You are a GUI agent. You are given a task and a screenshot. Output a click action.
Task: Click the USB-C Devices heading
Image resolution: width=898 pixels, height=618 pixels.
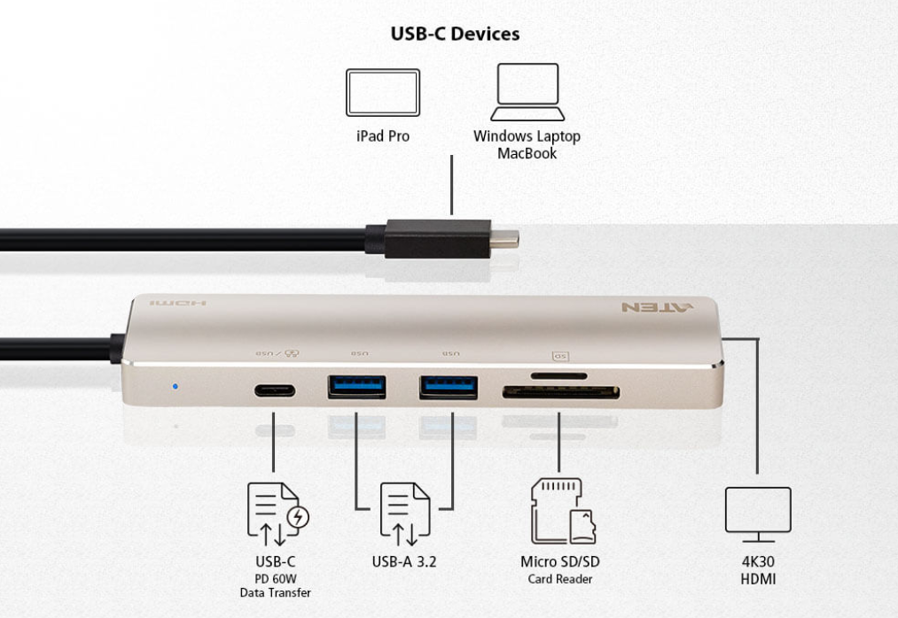pos(455,34)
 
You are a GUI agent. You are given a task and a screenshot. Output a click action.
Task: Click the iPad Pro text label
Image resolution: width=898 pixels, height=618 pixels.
pos(382,137)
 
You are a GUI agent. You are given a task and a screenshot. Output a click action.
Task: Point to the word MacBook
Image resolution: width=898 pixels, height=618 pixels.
pos(527,153)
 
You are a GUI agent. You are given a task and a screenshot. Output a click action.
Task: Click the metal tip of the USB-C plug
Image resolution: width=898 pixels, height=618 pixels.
pos(505,237)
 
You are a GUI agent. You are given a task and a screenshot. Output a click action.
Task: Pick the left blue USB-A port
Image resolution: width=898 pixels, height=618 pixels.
pos(356,387)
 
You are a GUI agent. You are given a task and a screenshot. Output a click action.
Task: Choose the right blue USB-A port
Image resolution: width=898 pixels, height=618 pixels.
pos(449,387)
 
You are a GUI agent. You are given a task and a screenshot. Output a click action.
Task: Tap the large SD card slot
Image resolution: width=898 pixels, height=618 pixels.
pos(560,391)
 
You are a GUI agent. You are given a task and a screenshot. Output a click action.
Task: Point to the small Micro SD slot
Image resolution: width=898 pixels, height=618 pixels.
pos(558,375)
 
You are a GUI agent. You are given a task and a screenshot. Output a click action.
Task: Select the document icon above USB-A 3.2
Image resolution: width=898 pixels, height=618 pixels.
pos(404,514)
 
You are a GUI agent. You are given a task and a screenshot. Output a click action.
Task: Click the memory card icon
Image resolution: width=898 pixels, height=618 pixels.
pos(561,511)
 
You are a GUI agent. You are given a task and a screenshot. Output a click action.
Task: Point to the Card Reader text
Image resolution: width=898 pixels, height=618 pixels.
pos(559,579)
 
